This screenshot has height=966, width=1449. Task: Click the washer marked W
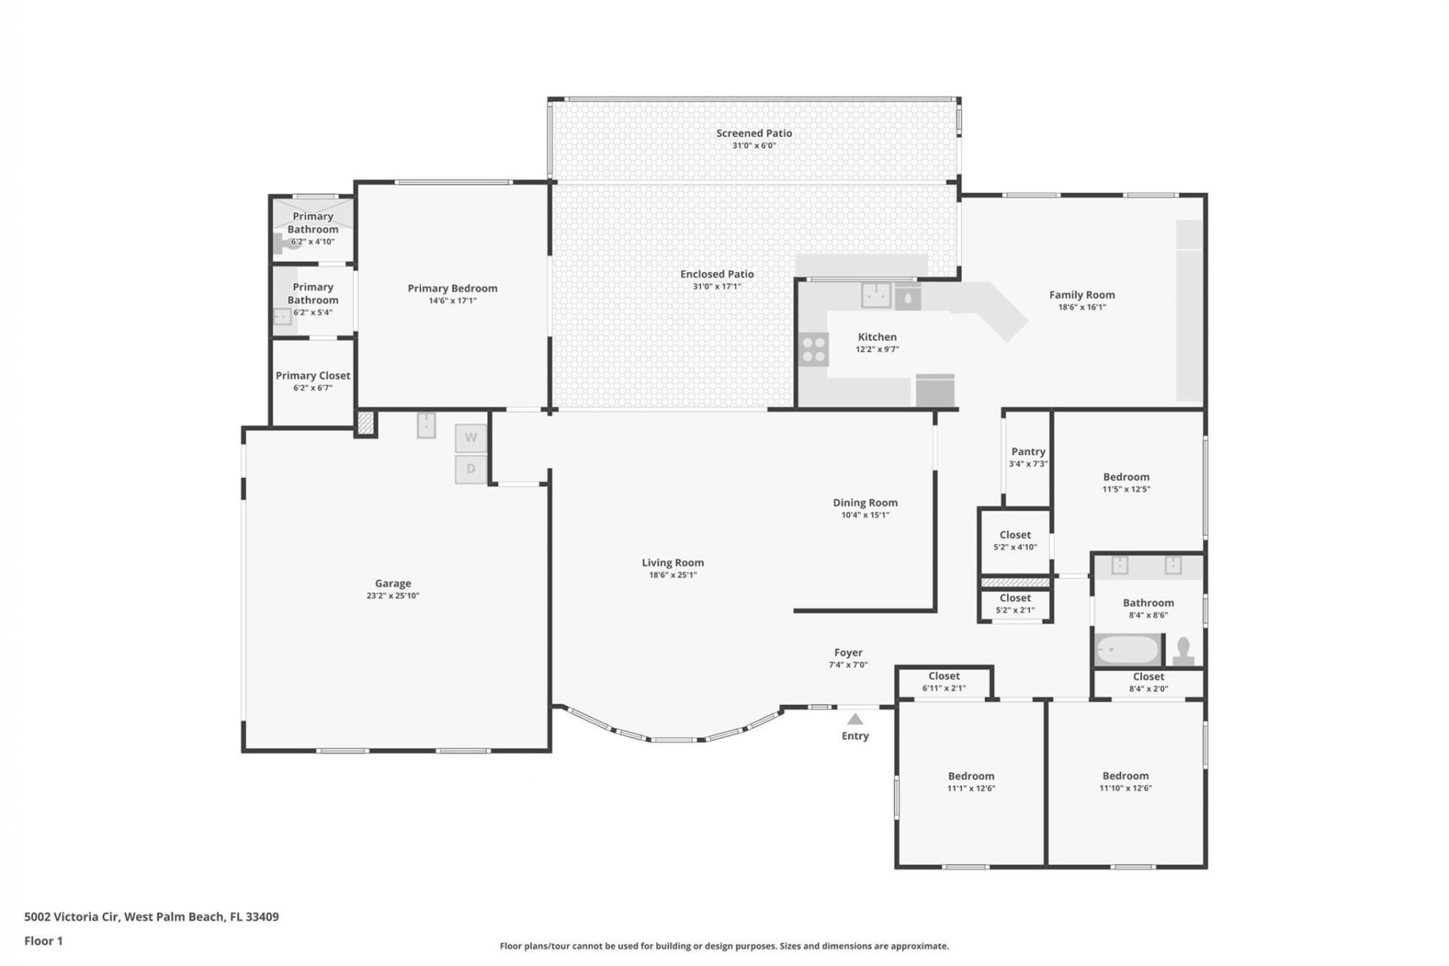click(470, 438)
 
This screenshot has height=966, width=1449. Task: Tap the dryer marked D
click(470, 469)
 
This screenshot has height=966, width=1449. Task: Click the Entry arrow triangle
click(854, 719)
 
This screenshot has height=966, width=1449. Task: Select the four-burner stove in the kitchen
click(814, 349)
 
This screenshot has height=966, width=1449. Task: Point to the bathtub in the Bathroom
click(1128, 650)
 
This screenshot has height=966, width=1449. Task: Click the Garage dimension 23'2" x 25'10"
click(392, 595)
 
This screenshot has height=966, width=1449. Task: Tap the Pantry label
click(1028, 451)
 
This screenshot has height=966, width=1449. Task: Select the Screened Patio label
click(754, 133)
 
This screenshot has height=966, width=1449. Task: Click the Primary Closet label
click(312, 375)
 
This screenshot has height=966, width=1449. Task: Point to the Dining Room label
click(865, 503)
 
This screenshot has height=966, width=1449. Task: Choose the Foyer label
click(848, 653)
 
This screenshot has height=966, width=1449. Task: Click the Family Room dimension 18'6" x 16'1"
click(1081, 307)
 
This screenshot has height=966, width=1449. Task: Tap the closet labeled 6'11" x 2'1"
click(943, 681)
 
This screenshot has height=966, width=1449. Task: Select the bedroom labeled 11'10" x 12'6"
click(1124, 781)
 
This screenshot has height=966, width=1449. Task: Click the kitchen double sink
click(875, 295)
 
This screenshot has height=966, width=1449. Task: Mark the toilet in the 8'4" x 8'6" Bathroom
click(1183, 651)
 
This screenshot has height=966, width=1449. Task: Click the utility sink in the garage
click(426, 425)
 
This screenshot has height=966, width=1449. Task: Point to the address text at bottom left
click(151, 917)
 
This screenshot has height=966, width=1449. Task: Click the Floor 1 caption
click(43, 940)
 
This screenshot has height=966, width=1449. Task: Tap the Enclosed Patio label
click(716, 274)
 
